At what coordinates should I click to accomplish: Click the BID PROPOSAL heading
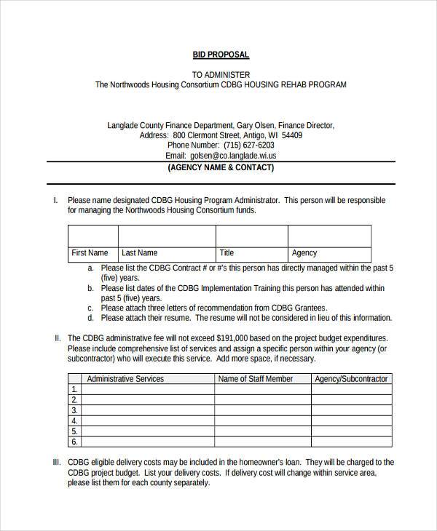(x=221, y=55)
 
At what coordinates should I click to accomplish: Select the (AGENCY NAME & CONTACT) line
(x=221, y=167)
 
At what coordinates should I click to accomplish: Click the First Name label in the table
(x=90, y=253)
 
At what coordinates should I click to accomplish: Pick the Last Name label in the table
(x=139, y=253)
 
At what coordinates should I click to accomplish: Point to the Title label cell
(x=227, y=253)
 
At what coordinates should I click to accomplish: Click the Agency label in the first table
(x=304, y=253)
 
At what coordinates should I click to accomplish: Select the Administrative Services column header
(x=125, y=379)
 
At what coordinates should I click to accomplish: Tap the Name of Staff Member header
(x=256, y=379)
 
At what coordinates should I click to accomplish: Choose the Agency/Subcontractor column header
(x=351, y=379)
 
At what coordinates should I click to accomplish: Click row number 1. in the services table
(x=74, y=389)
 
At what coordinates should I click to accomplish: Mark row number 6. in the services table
(x=74, y=441)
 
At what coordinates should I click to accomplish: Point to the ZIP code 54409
(x=291, y=135)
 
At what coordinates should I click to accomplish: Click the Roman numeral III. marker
(x=57, y=462)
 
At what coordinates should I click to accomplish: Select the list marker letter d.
(x=90, y=318)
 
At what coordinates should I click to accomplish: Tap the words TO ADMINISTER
(x=221, y=74)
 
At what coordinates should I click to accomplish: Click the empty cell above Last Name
(x=167, y=236)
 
